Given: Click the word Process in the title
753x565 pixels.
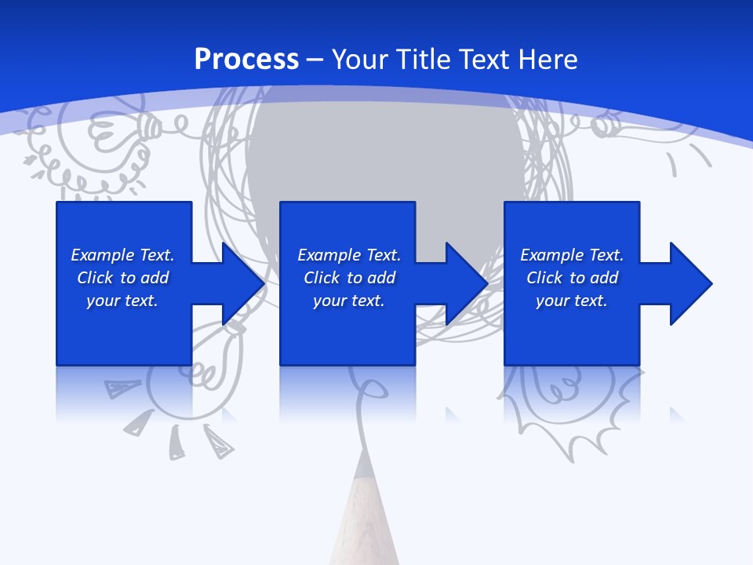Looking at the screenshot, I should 246,60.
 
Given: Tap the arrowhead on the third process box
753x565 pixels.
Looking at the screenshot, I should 689,283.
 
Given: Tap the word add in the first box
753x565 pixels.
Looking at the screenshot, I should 155,278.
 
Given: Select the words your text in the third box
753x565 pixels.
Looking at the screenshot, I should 571,301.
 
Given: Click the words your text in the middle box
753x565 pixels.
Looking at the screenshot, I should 348,301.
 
